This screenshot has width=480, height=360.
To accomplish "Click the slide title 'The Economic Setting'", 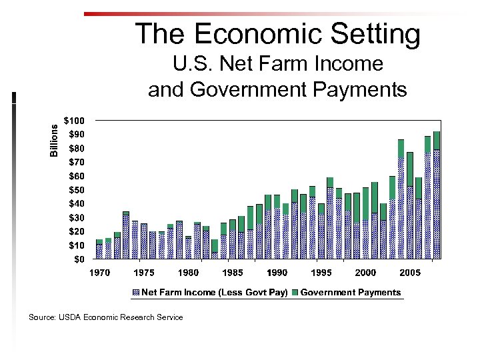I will pos(277,33).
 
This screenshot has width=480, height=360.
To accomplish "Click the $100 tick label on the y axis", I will pos(74,121).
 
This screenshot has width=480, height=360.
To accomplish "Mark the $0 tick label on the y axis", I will pos(79,259).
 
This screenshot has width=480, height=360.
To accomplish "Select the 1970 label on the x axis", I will pos(99,273).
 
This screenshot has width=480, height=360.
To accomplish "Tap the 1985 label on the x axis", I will pos(232,273).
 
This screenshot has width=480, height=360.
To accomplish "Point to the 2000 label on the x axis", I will pos(365,273).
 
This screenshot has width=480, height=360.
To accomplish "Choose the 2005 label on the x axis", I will pos(409,273).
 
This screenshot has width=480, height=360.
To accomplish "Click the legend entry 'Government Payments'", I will pos(351,292).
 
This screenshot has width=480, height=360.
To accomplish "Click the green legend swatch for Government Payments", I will pos(296,292).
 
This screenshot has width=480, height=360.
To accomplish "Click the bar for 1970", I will pos(99,250).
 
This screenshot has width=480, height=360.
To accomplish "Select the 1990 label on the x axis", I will pos(277,273).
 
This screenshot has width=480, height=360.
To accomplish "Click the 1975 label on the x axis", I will pos(144,273).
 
